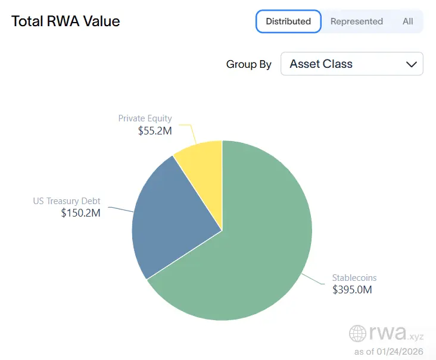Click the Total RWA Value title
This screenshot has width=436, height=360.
[x=66, y=21]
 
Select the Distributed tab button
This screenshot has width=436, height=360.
[x=288, y=21]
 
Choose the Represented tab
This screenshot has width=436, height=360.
[x=356, y=21]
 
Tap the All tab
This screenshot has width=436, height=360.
[x=407, y=21]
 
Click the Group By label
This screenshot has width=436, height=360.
[x=248, y=64]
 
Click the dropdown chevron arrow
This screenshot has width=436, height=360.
[x=411, y=64]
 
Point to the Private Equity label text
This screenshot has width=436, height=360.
[x=145, y=118]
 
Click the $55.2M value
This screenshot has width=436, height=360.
[x=154, y=130]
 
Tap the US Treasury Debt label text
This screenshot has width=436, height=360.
[x=67, y=201]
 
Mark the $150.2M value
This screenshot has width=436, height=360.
[x=80, y=213]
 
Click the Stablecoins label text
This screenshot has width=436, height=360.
[x=354, y=278]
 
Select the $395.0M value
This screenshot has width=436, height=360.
[x=353, y=290]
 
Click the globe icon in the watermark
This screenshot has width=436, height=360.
[x=358, y=333]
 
